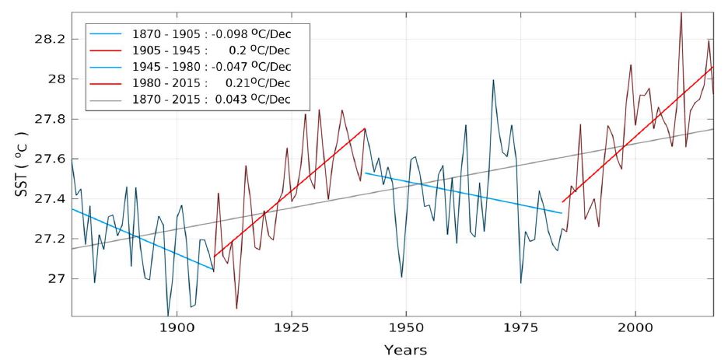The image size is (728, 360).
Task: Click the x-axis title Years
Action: click(x=405, y=350)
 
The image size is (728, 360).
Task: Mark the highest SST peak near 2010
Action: click(x=681, y=12)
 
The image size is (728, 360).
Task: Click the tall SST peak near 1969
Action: click(x=493, y=80)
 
